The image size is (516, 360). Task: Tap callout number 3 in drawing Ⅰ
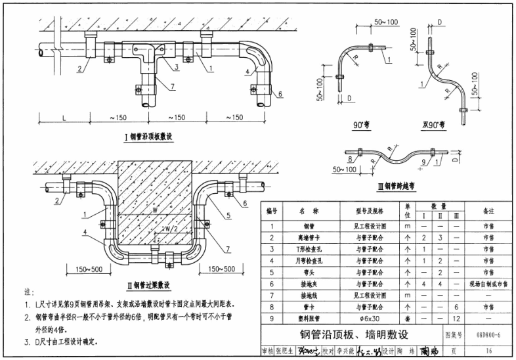177,68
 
